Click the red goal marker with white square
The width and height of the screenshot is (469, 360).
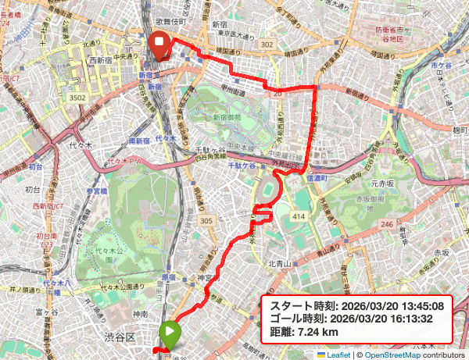point(160,45)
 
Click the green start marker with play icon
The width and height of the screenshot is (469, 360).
point(169,333)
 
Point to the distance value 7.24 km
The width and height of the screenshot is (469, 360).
point(320,332)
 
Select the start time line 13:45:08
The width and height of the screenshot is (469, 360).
point(357,305)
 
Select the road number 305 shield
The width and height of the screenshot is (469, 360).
point(206,222)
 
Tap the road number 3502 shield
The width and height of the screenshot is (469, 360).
point(77,98)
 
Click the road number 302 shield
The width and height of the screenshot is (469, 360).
point(267,45)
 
